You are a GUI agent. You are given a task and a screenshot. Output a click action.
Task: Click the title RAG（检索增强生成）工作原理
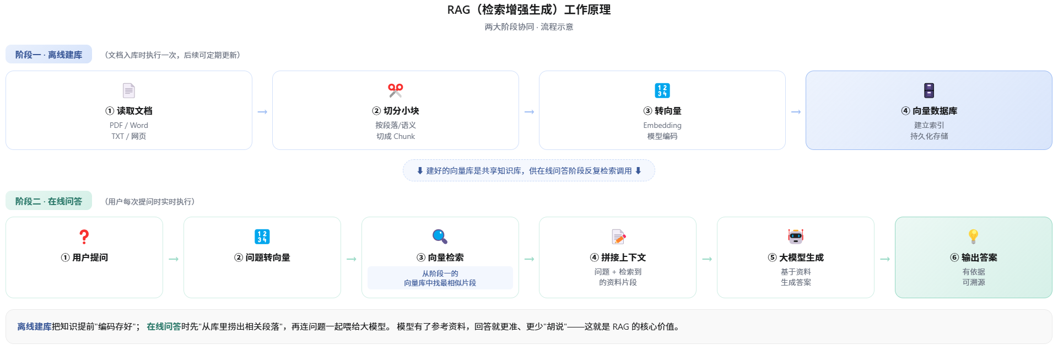[529, 10]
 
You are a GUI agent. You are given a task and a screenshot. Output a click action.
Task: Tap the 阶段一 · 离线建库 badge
[48, 55]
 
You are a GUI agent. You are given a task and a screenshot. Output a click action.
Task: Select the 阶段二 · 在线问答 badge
[48, 201]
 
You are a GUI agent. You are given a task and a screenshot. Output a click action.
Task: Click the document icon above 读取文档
[128, 90]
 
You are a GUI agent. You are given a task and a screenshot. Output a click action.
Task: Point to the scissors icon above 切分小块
[396, 90]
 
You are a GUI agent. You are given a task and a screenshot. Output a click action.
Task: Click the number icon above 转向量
[662, 90]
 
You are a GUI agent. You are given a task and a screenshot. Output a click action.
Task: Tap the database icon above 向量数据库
[929, 90]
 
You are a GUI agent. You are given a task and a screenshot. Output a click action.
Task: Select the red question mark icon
[84, 237]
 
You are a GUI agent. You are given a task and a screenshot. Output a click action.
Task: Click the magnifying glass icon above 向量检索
[440, 237]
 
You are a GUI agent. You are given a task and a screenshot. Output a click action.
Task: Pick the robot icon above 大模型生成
[796, 237]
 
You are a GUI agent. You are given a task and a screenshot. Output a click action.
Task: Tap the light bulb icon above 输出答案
[974, 237]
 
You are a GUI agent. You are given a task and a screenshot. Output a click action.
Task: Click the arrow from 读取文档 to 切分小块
[262, 112]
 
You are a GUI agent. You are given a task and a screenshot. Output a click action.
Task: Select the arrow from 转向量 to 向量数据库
[796, 112]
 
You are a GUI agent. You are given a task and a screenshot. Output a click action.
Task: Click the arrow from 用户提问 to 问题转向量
[174, 259]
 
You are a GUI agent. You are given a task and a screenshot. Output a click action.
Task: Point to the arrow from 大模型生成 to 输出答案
[885, 259]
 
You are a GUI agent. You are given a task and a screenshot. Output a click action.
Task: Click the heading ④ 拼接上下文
[618, 257]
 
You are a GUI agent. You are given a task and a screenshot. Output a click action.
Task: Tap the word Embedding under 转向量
[662, 126]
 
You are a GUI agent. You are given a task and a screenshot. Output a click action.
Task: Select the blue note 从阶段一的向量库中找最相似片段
[440, 278]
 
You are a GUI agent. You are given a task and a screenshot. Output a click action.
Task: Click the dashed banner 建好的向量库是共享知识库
[529, 171]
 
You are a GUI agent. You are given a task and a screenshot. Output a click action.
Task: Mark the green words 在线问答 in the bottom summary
[164, 326]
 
